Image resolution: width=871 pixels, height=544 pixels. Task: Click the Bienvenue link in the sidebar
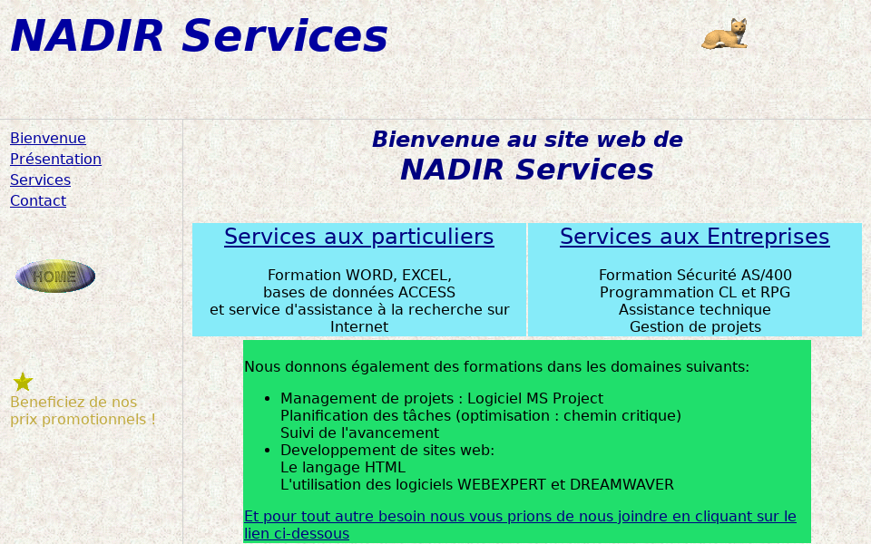point(48,139)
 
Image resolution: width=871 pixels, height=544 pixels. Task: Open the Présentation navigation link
point(55,160)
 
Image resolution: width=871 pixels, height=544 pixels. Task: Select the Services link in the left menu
point(40,180)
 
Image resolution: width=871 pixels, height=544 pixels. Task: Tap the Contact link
point(38,201)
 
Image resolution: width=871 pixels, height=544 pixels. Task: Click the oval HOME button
point(55,277)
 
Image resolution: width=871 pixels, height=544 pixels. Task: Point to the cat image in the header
point(725,34)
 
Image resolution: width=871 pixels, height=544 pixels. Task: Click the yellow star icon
point(23,382)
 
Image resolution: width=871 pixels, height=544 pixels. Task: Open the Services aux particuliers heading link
point(358,238)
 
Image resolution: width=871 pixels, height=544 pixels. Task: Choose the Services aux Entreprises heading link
point(694,238)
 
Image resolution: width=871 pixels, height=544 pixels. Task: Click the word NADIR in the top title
point(87,37)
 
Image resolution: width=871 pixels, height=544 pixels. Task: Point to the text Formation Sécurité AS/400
point(695,275)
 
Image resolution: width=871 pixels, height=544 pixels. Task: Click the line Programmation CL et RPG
point(695,292)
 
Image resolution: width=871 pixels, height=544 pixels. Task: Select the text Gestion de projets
point(695,327)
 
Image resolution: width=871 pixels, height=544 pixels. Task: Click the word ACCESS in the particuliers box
point(426,292)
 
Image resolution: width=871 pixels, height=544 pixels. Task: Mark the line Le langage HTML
point(343,468)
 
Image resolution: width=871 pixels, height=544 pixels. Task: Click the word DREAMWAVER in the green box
point(621,485)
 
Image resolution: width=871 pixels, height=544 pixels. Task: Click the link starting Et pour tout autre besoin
point(520,517)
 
